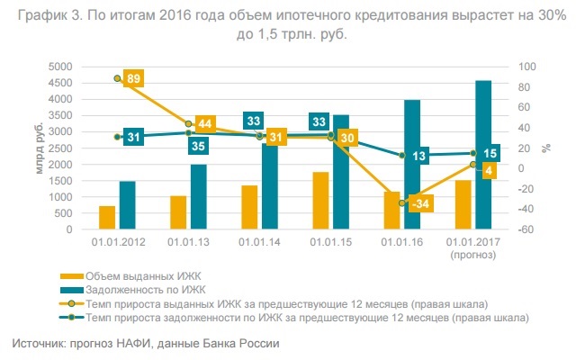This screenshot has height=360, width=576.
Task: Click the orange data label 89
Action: click(132, 79)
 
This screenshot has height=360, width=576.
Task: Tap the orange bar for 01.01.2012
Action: click(107, 218)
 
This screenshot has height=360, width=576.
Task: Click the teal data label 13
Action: click(419, 156)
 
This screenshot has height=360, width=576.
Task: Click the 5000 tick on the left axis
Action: click(60, 67)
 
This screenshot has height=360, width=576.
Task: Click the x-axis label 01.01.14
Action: click(259, 243)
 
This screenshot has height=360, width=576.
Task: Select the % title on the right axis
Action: click(545, 148)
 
